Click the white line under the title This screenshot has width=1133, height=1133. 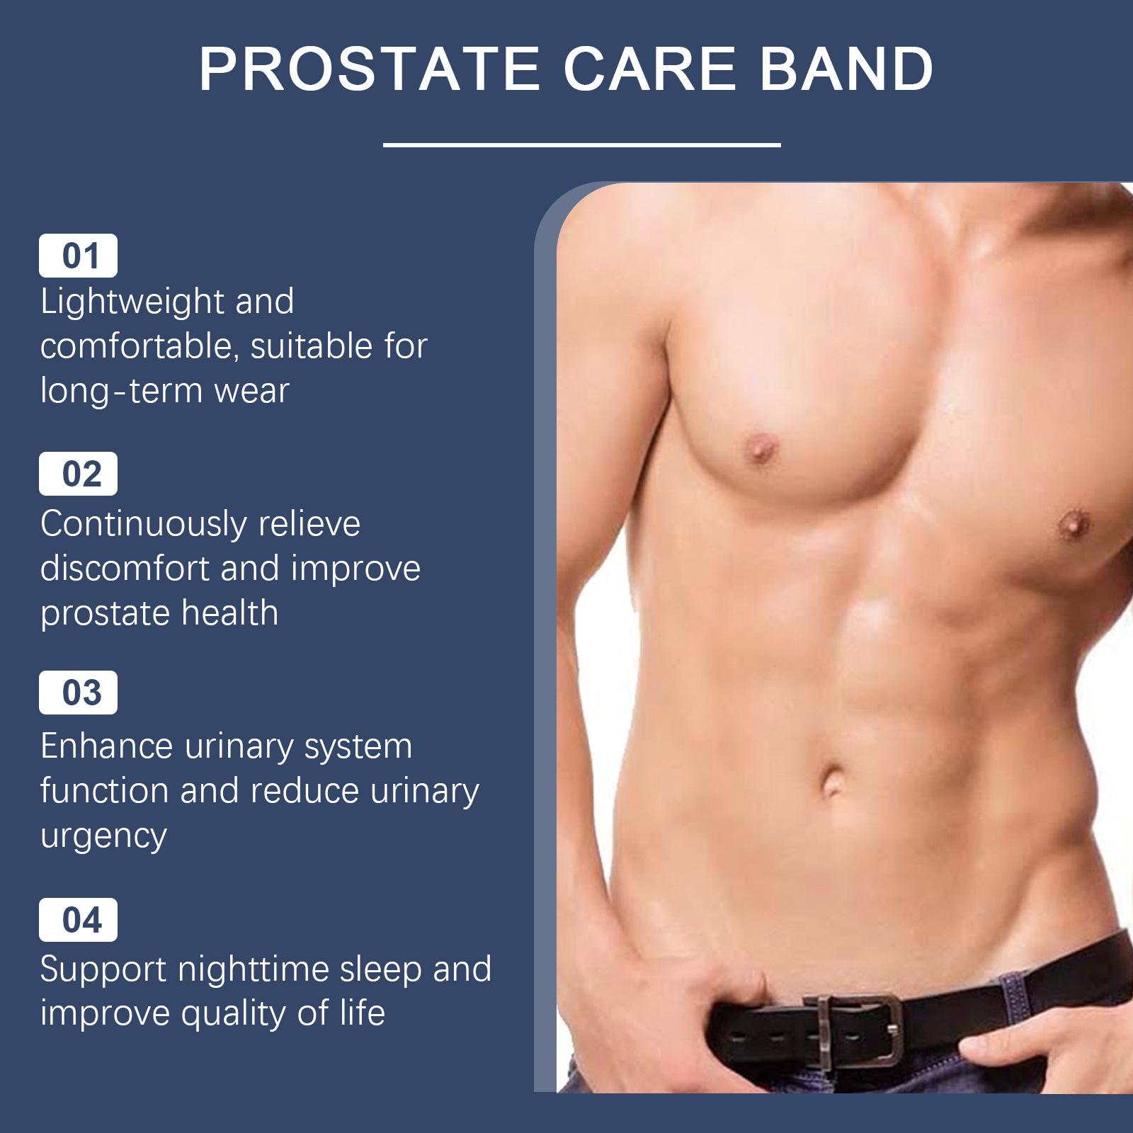click(581, 145)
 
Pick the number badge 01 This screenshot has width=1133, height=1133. click(78, 256)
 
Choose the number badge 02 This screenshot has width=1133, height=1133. click(78, 474)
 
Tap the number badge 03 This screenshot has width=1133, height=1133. click(78, 693)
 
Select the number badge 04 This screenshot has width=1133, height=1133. click(78, 920)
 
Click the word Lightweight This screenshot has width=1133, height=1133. click(132, 303)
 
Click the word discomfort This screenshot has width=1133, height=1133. click(125, 569)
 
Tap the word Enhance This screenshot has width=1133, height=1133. click(106, 746)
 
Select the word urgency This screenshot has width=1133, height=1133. click(103, 837)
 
